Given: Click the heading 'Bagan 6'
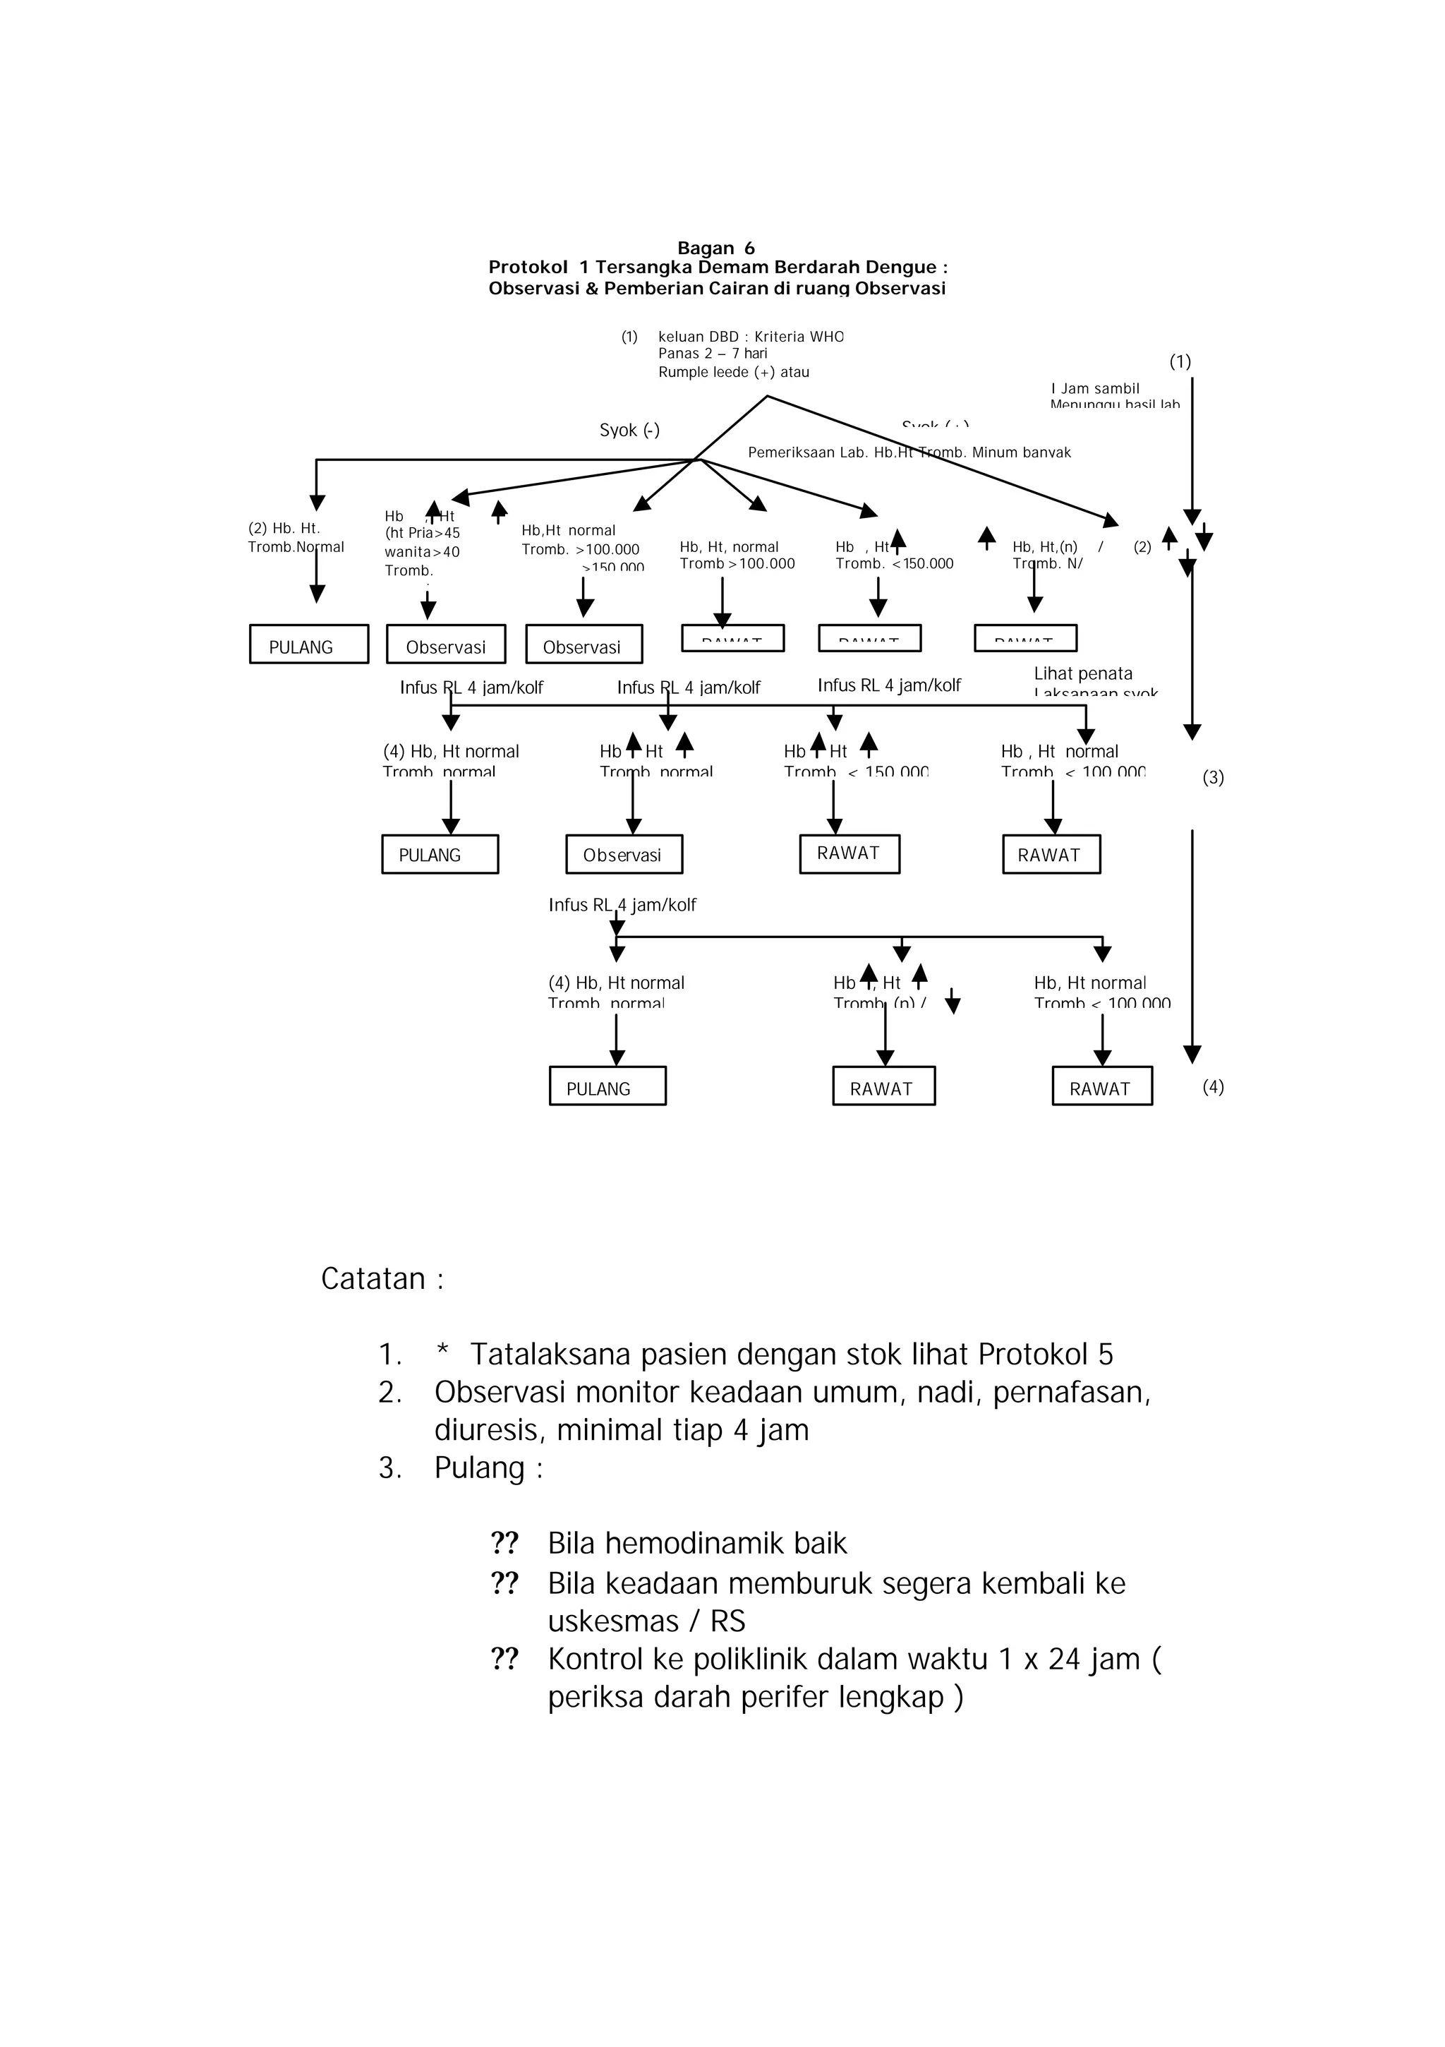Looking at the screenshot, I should tap(716, 248).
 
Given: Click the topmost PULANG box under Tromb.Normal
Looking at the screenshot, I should tap(308, 644).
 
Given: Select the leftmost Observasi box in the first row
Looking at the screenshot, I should tap(446, 644).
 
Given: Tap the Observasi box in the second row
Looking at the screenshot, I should tap(624, 854).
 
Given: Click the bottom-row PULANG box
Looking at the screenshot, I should tap(607, 1086).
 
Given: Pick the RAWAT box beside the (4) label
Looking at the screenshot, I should tap(1102, 1086).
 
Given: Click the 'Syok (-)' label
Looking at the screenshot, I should tap(629, 431).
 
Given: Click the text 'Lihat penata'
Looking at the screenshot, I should tap(1082, 674).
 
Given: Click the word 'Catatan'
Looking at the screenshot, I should tap(373, 1279).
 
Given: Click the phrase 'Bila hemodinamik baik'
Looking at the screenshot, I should tap(697, 1543).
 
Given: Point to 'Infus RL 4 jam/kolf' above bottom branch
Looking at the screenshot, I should tap(622, 905).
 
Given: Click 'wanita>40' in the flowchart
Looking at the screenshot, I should tap(422, 552).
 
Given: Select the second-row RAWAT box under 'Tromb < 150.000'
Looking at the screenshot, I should tap(849, 853).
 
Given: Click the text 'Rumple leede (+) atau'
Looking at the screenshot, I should tap(733, 373).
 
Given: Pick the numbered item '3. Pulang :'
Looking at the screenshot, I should tap(461, 1467).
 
